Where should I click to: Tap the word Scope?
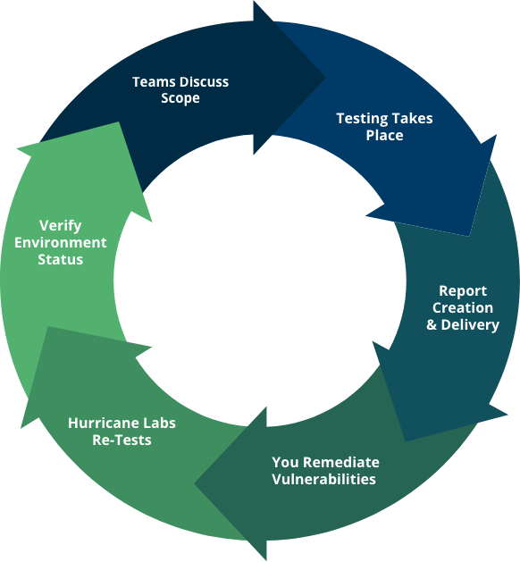[180, 98]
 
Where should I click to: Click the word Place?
[384, 136]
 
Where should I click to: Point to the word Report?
[463, 291]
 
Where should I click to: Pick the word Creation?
[463, 308]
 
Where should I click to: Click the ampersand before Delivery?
[432, 324]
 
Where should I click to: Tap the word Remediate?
[341, 462]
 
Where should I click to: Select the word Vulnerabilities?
[324, 479]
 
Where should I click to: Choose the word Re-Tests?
[122, 440]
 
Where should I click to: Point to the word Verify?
[61, 226]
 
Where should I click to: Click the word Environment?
[61, 243]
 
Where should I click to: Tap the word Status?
[61, 259]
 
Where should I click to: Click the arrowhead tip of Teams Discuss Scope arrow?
[325, 77]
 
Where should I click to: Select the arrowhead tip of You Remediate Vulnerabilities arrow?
[195, 484]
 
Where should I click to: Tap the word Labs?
[159, 424]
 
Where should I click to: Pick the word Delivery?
[470, 325]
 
